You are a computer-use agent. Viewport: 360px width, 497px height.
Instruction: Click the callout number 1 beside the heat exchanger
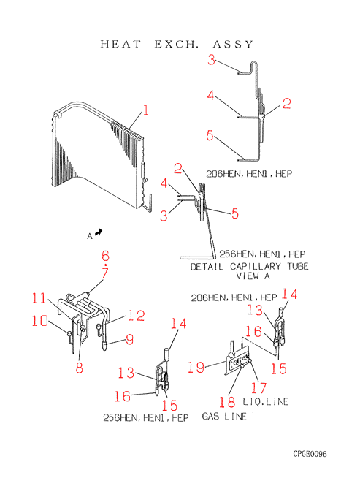(x=145, y=110)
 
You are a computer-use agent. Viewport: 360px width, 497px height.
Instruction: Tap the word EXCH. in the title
(x=176, y=44)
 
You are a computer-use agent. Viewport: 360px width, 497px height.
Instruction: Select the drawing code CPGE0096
(x=310, y=454)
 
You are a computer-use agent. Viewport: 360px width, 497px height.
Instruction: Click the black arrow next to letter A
(x=99, y=232)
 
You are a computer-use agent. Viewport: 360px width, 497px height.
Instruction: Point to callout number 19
(x=196, y=368)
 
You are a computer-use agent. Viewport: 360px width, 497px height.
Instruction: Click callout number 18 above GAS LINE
(x=227, y=402)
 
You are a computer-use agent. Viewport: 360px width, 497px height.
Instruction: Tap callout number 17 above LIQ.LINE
(x=258, y=387)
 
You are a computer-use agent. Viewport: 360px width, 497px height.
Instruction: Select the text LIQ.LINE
(x=265, y=401)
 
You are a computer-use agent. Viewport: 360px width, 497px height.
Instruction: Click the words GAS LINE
(x=224, y=416)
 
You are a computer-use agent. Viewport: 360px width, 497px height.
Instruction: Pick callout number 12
(x=136, y=316)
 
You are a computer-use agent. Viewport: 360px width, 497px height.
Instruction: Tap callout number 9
(x=130, y=339)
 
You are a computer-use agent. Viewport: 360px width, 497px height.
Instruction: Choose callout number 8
(x=79, y=368)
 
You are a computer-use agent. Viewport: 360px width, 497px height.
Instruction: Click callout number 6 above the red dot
(x=105, y=256)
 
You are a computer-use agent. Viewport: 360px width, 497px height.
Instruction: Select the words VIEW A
(x=253, y=276)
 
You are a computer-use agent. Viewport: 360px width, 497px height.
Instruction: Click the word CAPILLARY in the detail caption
(x=255, y=266)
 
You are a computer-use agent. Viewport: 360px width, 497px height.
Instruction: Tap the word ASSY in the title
(x=233, y=44)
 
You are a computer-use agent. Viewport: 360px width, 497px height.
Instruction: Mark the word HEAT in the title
(x=120, y=44)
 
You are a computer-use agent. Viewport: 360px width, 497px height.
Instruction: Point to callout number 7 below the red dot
(x=105, y=273)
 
